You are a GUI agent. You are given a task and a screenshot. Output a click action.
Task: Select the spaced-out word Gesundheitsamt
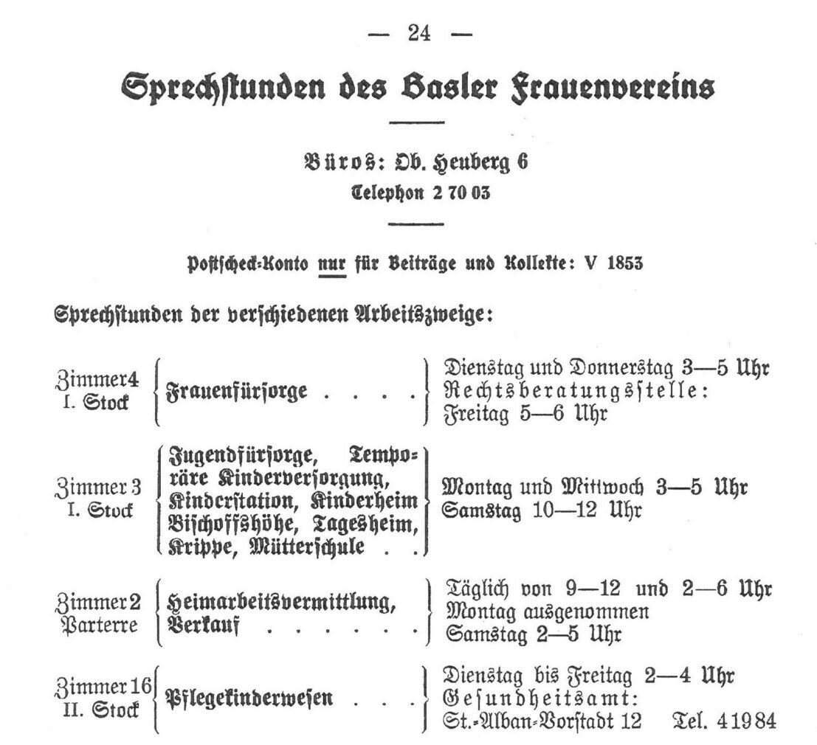coord(538,697)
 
